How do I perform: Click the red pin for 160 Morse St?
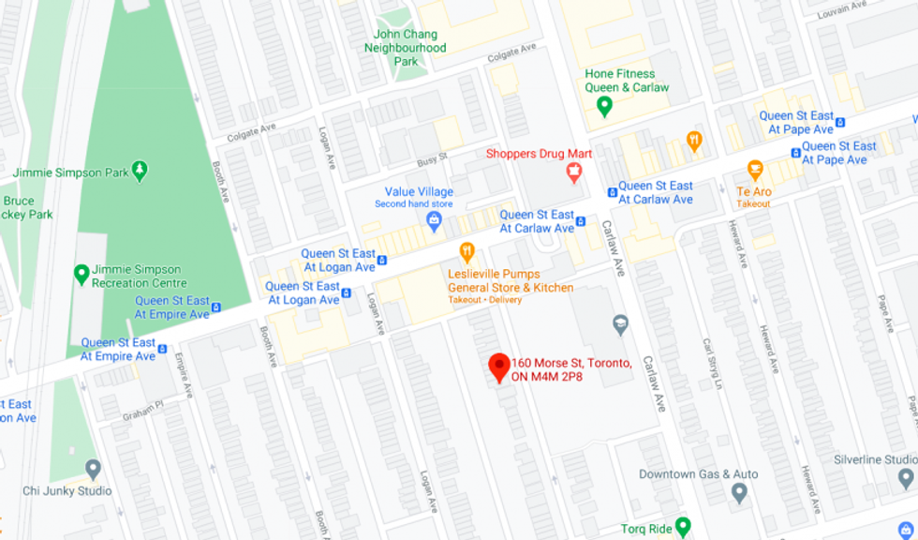pyautogui.click(x=499, y=367)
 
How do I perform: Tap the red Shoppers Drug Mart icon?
pyautogui.click(x=576, y=172)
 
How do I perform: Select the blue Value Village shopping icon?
pyautogui.click(x=434, y=221)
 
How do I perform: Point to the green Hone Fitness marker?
pyautogui.click(x=604, y=106)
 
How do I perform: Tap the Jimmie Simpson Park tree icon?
pyautogui.click(x=140, y=171)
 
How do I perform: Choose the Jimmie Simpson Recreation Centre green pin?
pyautogui.click(x=81, y=274)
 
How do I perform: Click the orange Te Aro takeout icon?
pyautogui.click(x=755, y=170)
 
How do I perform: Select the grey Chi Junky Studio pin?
pyautogui.click(x=92, y=469)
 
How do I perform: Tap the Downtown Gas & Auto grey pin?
pyautogui.click(x=739, y=491)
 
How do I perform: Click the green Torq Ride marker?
pyautogui.click(x=683, y=527)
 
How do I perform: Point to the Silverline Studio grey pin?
pyautogui.click(x=904, y=478)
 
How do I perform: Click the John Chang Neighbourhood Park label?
pyautogui.click(x=406, y=48)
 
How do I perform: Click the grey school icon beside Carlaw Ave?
pyautogui.click(x=619, y=325)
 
